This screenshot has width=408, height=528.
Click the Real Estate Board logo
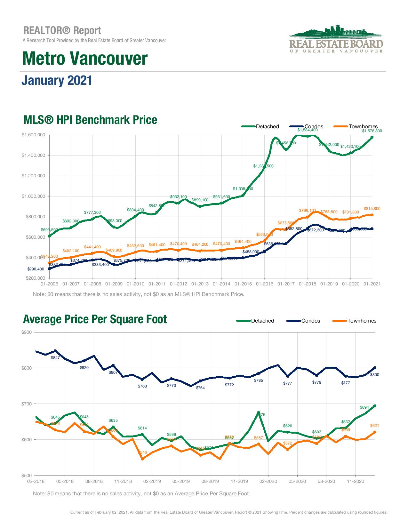tap(336, 39)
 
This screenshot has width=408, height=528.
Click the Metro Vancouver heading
tap(85, 58)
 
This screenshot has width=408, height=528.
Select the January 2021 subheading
tap(57, 80)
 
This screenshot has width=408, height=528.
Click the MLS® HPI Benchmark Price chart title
tap(90, 120)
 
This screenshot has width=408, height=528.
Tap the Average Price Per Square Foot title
tap(95, 319)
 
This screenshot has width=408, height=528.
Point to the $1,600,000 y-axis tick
tap(33, 135)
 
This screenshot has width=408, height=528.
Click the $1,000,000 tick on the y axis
tap(33, 196)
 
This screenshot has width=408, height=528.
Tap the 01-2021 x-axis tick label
tap(372, 284)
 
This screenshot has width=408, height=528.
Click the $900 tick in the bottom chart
tap(27, 332)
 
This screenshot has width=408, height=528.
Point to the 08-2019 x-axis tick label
tap(210, 481)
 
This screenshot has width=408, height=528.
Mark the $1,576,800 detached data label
tap(372, 131)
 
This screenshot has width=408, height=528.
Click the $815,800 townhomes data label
tap(372, 209)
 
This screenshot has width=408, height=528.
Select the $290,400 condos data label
tap(36, 269)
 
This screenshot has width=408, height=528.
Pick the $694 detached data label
tap(364, 407)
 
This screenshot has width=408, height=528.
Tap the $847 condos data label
tap(55, 357)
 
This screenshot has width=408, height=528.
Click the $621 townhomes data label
tap(374, 426)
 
